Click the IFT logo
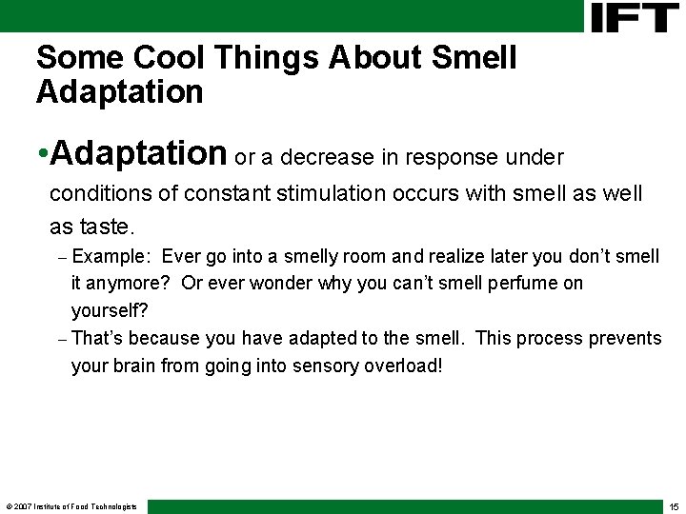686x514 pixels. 635,17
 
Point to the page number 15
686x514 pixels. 674,506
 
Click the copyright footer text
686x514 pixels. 71,506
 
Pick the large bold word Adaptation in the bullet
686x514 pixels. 139,152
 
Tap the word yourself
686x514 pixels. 110,310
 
